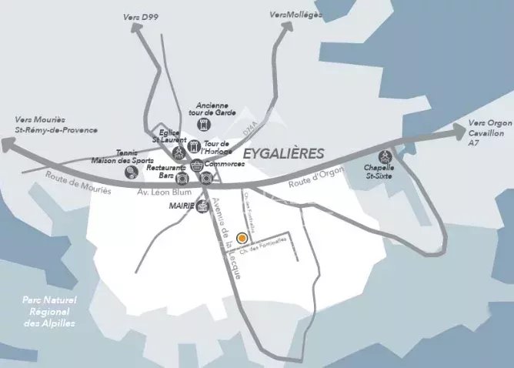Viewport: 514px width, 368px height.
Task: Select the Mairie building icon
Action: coord(202,206)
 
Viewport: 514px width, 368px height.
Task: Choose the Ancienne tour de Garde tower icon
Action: coord(203,123)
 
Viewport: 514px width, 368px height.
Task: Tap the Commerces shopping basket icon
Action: coord(198,164)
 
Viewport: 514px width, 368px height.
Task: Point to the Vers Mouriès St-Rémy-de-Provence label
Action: coord(51,125)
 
